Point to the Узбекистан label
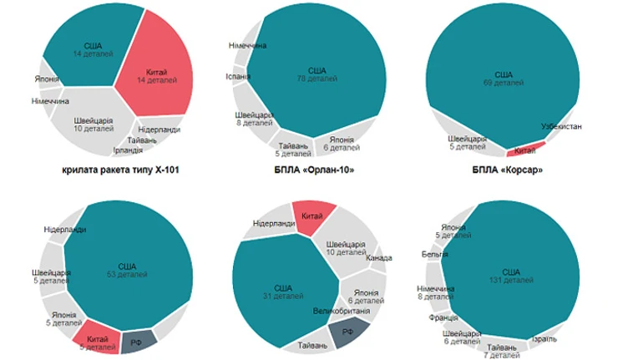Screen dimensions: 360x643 pos(561,126)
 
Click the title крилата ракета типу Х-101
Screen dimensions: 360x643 pos(122,172)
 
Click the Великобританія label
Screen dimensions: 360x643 pos(343,311)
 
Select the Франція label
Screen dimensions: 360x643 pos(442,318)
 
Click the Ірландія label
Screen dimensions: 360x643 pos(132,151)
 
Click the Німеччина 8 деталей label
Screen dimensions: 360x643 pos(434,292)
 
